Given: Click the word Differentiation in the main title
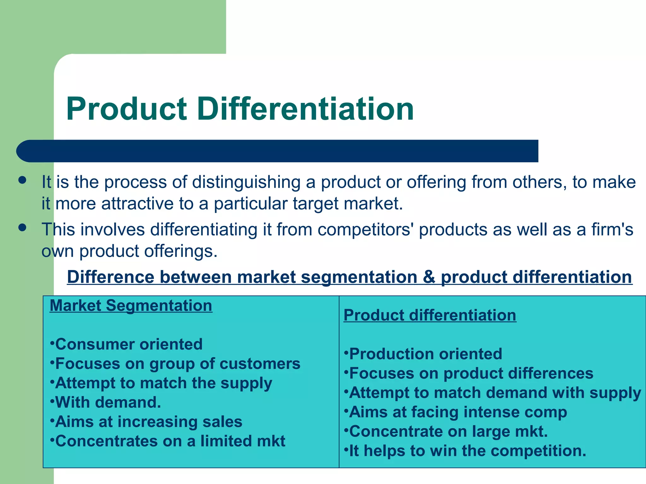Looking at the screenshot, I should [x=306, y=109].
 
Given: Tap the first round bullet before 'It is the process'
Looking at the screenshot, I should [x=22, y=180].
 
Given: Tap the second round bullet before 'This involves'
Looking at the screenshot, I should [x=22, y=228].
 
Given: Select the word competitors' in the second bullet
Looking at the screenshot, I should [x=366, y=229].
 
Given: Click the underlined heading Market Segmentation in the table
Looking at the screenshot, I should [x=131, y=306].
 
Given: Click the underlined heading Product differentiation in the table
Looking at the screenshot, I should [x=430, y=315].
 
